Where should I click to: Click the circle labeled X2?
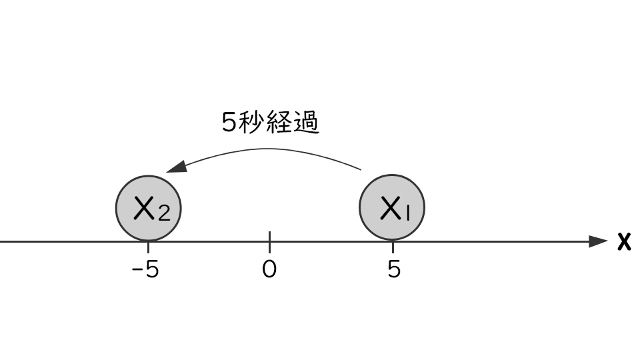click(x=149, y=208)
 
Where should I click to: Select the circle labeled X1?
click(x=392, y=207)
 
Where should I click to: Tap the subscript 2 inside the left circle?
click(x=164, y=213)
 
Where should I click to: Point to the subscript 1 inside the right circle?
click(x=407, y=212)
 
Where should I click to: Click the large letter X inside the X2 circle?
click(x=144, y=208)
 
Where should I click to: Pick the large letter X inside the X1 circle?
click(x=390, y=208)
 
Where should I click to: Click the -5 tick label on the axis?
click(x=145, y=269)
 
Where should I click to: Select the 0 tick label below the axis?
click(x=269, y=269)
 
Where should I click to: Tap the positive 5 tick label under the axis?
click(x=394, y=269)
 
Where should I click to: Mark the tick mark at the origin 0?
click(x=269, y=241)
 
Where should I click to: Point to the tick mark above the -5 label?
click(x=148, y=247)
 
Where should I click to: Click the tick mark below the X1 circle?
click(x=393, y=247)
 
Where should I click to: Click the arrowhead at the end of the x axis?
click(x=599, y=241)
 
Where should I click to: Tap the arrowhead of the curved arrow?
click(x=176, y=167)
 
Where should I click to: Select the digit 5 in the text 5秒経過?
click(x=229, y=121)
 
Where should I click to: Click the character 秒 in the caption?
click(x=249, y=121)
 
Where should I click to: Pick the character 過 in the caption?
click(x=306, y=121)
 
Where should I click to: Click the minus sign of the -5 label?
click(x=136, y=270)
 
